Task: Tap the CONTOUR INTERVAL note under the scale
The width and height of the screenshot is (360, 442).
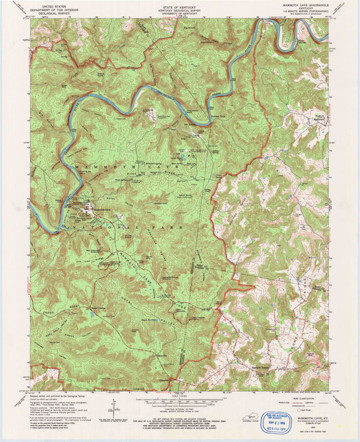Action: pos(180,407)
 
